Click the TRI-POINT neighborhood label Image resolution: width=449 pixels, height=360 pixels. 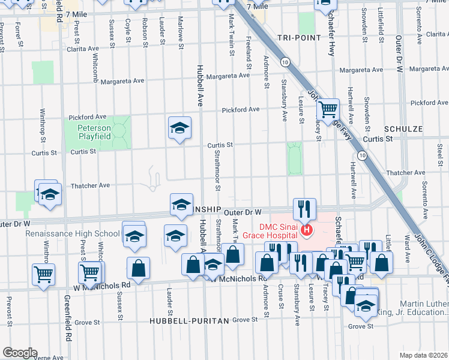pyautogui.click(x=298, y=38)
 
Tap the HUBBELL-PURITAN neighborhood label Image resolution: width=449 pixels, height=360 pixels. pyautogui.click(x=190, y=321)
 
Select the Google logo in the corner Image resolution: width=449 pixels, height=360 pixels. pyautogui.click(x=19, y=353)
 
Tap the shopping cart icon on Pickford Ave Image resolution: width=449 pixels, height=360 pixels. pyautogui.click(x=328, y=109)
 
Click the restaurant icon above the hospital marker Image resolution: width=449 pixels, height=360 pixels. pyautogui.click(x=304, y=208)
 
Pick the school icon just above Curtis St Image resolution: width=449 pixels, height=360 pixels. pyautogui.click(x=179, y=128)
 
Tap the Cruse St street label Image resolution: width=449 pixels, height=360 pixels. pyautogui.click(x=280, y=297)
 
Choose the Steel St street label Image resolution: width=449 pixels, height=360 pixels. pyautogui.click(x=439, y=152)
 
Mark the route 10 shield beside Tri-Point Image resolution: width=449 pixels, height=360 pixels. pyautogui.click(x=284, y=62)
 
